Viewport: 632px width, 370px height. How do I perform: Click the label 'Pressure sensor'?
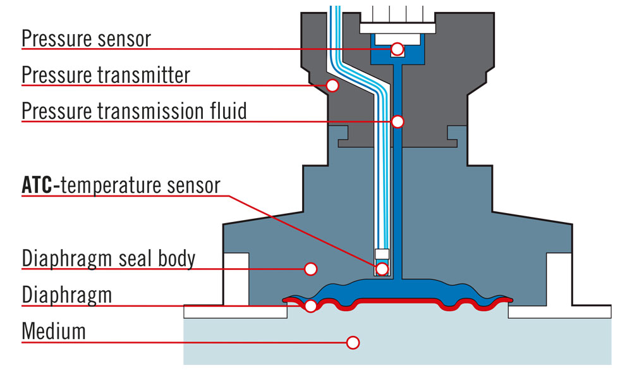pos(86,39)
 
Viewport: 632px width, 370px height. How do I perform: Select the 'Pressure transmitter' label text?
pos(106,75)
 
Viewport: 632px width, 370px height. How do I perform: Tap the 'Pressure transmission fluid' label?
pos(134,111)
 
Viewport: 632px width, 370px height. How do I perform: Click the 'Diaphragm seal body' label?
pos(108,259)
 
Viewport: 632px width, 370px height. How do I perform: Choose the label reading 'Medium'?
pos(53,331)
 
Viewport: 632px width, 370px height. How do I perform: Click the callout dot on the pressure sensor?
pos(397,49)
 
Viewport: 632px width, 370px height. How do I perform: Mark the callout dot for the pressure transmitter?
pos(332,85)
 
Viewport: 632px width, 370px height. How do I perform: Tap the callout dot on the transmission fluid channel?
pos(397,121)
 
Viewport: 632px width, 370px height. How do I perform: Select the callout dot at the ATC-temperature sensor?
pos(382,269)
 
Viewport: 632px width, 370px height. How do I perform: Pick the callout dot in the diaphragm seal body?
pos(310,269)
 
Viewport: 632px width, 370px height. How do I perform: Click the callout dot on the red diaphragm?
pos(310,306)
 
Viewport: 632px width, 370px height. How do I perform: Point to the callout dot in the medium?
pos(353,342)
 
